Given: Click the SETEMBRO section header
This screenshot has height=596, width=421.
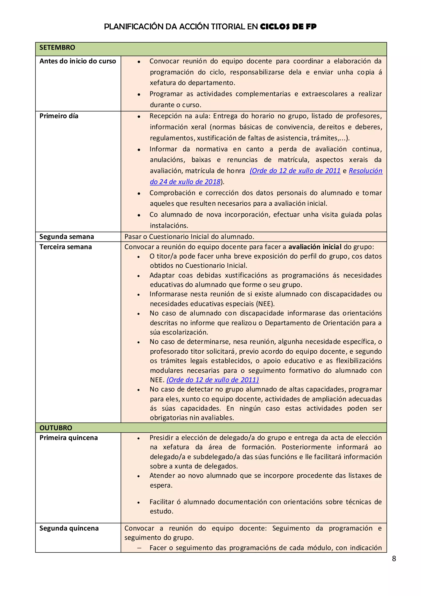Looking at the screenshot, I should [x=57, y=48].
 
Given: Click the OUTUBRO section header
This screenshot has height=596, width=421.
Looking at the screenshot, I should [x=56, y=428].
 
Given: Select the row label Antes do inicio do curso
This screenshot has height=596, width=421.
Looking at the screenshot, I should [x=77, y=61].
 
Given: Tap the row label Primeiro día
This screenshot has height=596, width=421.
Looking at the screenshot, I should [x=59, y=116].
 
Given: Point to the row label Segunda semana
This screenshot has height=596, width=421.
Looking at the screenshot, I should [x=66, y=236].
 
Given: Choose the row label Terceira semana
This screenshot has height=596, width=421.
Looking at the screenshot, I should [x=65, y=247].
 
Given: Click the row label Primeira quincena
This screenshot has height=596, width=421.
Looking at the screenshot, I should [x=68, y=437].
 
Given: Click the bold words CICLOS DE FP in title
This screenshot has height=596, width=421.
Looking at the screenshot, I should [x=288, y=27].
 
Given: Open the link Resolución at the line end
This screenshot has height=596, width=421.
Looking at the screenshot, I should [x=365, y=171].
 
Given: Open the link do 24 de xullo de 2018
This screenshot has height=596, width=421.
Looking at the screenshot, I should [x=185, y=181].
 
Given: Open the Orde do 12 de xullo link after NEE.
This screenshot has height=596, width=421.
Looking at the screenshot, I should [x=212, y=380].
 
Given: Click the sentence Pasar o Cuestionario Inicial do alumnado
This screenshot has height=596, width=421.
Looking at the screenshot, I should [x=189, y=236].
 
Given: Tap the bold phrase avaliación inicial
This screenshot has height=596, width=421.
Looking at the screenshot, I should [x=315, y=247].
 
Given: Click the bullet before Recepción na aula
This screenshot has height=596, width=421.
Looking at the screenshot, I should [x=139, y=117].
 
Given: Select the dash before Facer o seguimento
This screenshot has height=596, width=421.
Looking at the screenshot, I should [x=140, y=548].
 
